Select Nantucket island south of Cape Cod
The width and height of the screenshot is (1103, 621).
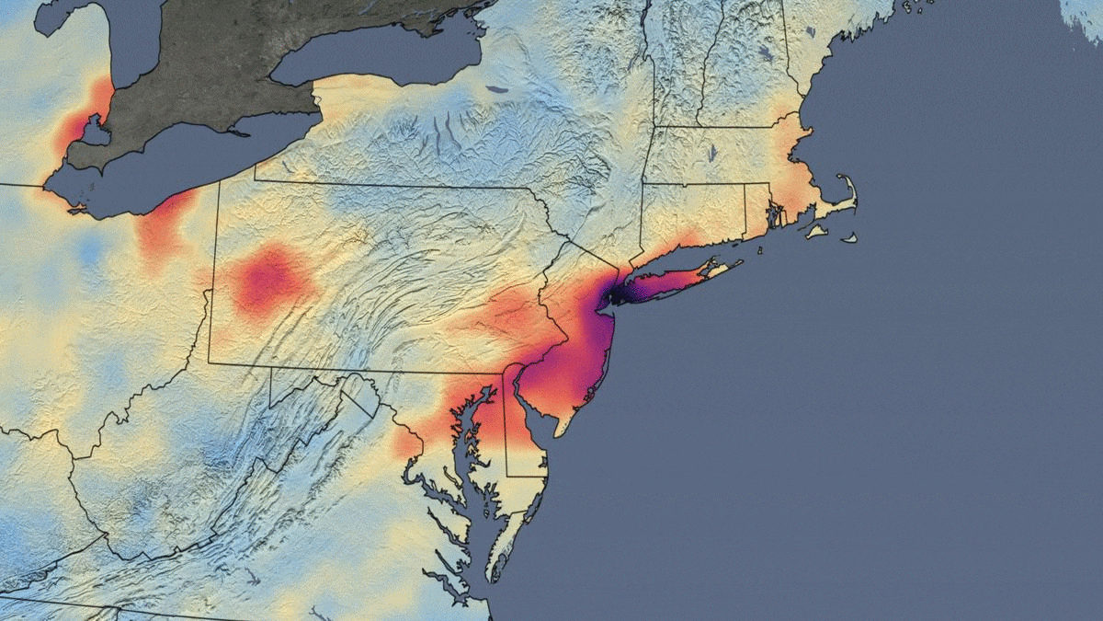[847, 238]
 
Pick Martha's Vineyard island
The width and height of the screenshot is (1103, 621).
[813, 231]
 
